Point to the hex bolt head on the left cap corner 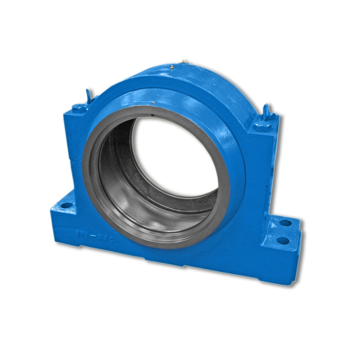(79, 108)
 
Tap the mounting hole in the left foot (66, 205)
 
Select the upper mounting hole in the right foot (285, 223)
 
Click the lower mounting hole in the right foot (283, 240)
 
